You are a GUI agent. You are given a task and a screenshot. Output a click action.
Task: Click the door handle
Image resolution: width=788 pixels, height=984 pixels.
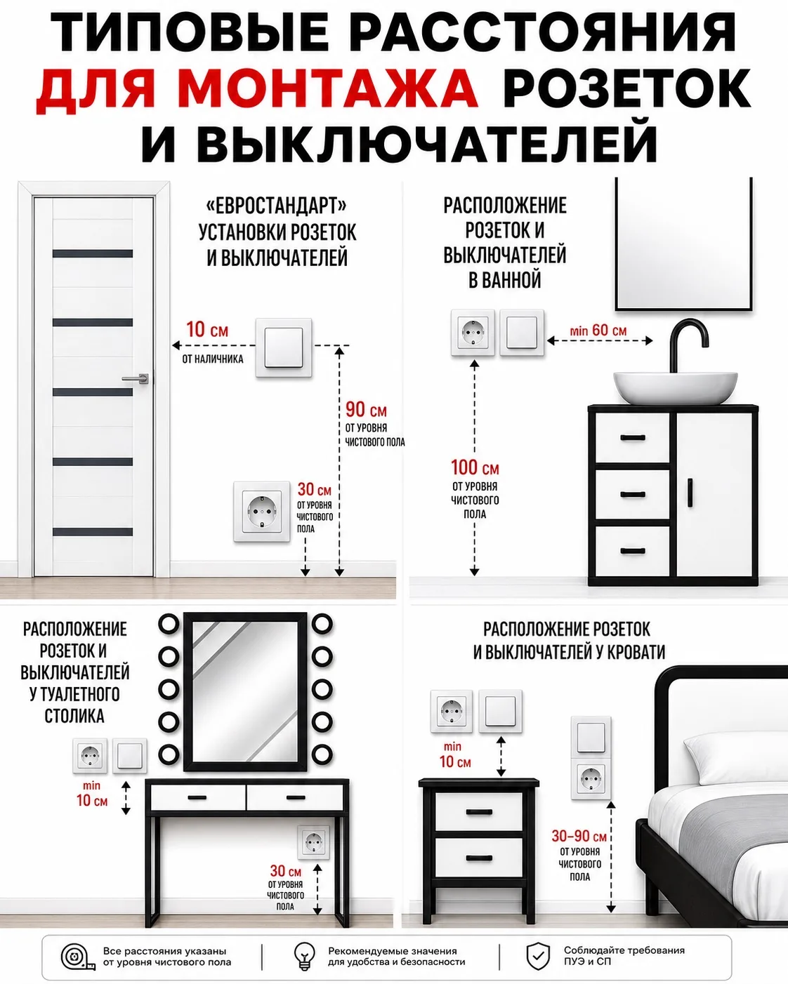[136, 378]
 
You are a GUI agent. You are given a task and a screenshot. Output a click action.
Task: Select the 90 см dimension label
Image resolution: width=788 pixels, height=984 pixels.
[366, 410]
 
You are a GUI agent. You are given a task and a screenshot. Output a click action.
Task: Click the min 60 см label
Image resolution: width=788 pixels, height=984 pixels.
[598, 330]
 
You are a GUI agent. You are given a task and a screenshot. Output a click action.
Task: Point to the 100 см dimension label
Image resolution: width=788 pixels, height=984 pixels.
[475, 467]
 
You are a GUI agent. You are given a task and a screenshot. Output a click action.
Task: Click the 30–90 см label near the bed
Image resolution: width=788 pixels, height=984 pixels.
[579, 836]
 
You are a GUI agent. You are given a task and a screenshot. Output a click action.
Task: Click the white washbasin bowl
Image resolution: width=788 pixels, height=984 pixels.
[676, 387]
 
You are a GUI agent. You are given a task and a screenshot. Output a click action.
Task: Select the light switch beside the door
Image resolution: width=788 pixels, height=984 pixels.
[284, 347]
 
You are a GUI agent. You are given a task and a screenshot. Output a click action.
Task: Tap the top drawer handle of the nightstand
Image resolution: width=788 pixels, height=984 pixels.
[479, 811]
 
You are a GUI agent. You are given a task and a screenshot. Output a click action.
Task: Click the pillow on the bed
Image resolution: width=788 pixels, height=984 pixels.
[737, 757]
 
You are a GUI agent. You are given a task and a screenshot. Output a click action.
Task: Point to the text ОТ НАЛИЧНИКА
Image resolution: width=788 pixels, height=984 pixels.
[213, 359]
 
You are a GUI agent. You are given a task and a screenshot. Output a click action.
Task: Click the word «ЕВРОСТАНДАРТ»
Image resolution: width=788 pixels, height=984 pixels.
[277, 206]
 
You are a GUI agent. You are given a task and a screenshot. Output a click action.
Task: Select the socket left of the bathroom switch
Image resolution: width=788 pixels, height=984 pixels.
[473, 333]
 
